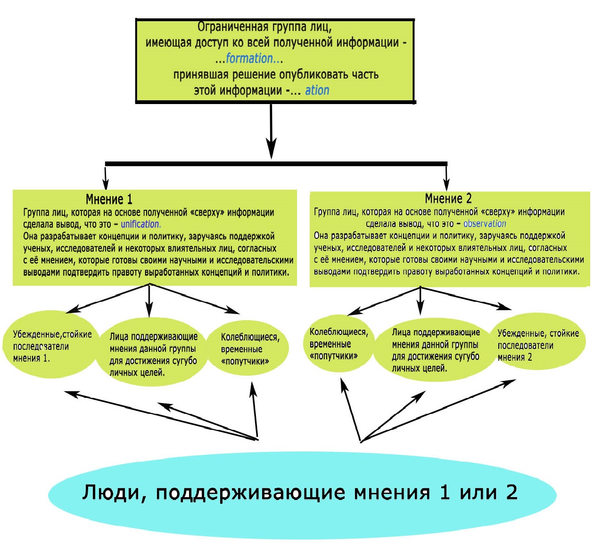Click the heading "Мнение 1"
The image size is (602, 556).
coord(109,199)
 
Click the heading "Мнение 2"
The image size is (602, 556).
coord(448,198)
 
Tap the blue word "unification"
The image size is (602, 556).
coord(140,225)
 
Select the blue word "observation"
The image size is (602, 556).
coord(485,224)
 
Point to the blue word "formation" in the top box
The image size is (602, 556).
coord(249,58)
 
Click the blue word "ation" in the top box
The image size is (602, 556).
coord(317,90)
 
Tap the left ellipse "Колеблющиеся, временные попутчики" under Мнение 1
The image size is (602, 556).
coord(248,349)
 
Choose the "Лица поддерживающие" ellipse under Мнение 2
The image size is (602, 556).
coord(435,350)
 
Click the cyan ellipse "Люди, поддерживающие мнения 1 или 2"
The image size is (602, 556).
coord(302,494)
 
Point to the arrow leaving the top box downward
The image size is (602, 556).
coord(271,129)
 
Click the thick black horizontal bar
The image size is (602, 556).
coord(276,164)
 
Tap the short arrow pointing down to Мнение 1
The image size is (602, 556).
coord(106,177)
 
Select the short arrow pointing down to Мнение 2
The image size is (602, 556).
coord(446,177)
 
